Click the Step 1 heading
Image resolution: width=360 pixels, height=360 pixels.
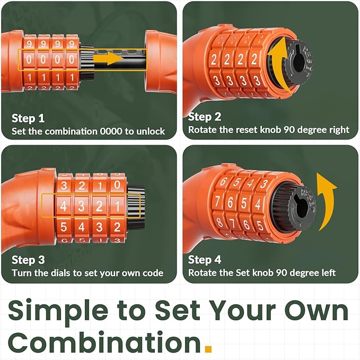(x=28, y=118)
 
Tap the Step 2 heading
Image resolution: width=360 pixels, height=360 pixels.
(x=204, y=117)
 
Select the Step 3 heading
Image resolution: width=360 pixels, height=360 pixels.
(x=28, y=260)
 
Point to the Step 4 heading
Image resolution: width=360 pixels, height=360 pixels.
(x=204, y=260)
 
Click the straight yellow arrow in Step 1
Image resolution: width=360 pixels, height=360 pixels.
(x=109, y=58)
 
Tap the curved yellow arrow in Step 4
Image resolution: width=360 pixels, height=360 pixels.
(x=326, y=200)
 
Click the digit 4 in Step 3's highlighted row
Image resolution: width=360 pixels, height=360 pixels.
(x=64, y=206)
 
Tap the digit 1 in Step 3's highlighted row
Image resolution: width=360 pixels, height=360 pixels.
(x=117, y=206)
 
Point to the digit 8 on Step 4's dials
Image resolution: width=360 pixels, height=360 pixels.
(x=219, y=222)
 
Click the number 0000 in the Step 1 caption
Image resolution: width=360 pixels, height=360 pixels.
(x=111, y=131)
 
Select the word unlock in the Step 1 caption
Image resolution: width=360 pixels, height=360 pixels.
(x=151, y=131)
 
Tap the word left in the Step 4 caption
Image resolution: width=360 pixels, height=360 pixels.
(x=327, y=273)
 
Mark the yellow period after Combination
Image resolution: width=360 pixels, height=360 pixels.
(x=208, y=348)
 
